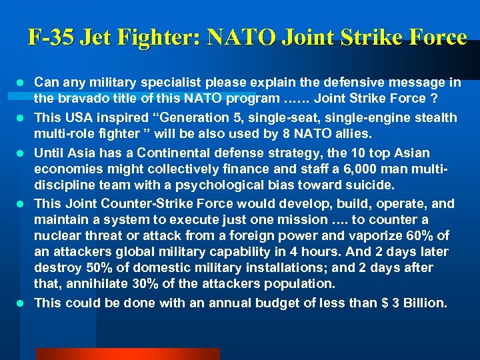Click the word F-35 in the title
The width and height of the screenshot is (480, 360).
(51, 37)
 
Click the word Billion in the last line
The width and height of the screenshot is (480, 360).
(421, 303)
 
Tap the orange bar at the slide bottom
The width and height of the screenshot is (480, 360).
(127, 354)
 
